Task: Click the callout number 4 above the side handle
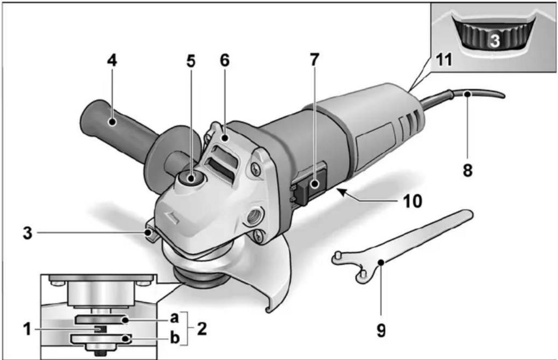(x=112, y=60)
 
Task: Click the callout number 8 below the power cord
(x=468, y=170)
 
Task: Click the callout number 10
(x=412, y=200)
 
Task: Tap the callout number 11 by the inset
(x=443, y=60)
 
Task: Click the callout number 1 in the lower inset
(x=27, y=329)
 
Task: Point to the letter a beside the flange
(x=174, y=318)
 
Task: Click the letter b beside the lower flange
(x=175, y=338)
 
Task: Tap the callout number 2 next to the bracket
(x=202, y=328)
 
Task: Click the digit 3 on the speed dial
(x=494, y=40)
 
